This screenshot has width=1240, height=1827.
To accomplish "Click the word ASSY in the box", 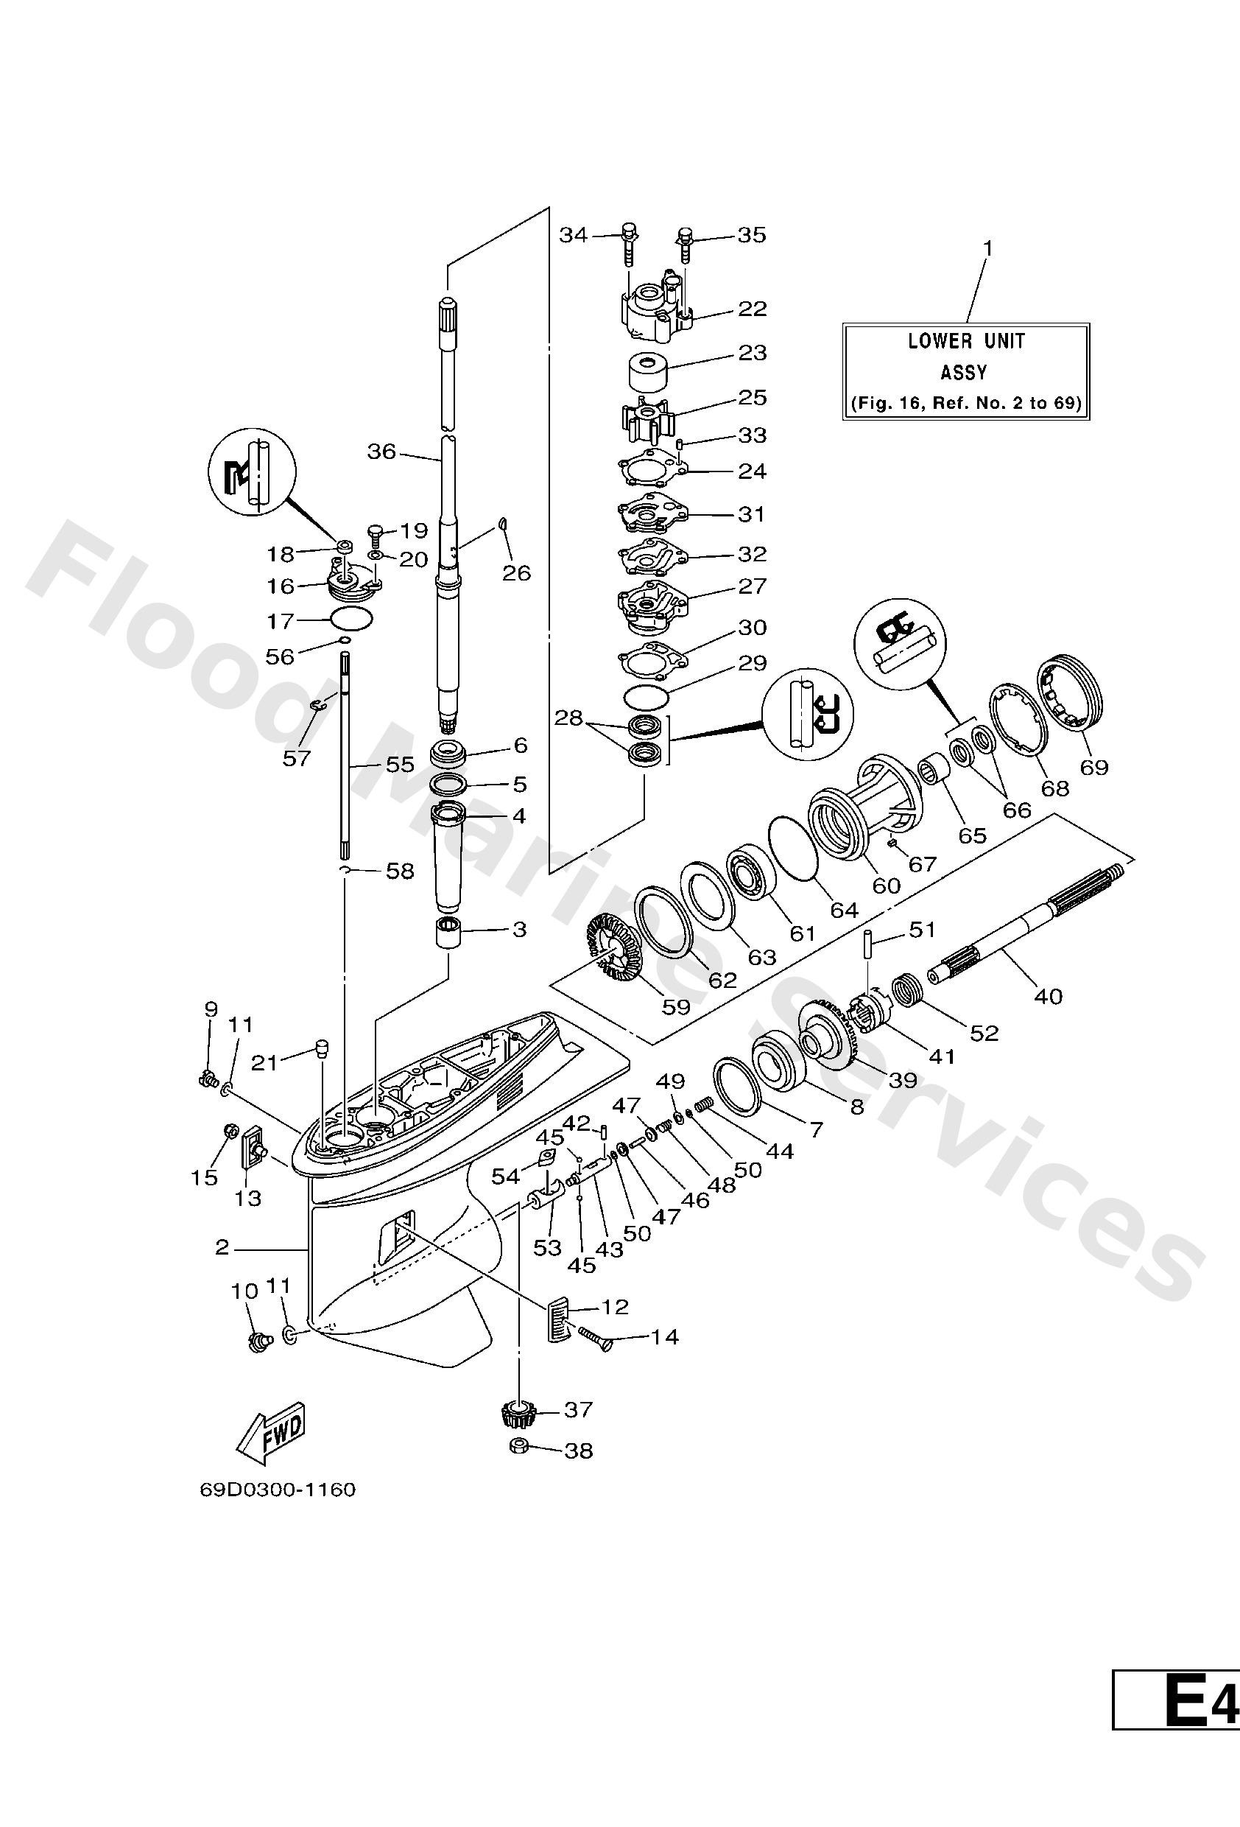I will coord(964,373).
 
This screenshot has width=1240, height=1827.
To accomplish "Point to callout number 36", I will coord(382,452).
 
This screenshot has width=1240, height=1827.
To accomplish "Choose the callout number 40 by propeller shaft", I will coord(1048,996).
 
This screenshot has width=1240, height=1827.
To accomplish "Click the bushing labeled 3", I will coord(448,933).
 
